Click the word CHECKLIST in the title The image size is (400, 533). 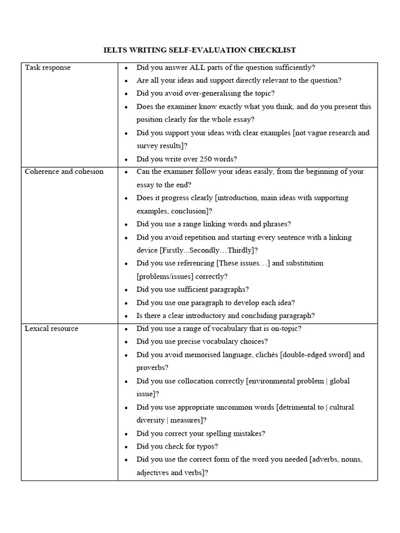coord(270,50)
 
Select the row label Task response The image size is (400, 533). coord(48,68)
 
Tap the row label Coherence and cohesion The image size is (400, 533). coord(64,172)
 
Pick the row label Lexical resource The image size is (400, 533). coord(52,329)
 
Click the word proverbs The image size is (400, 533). coord(152,368)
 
